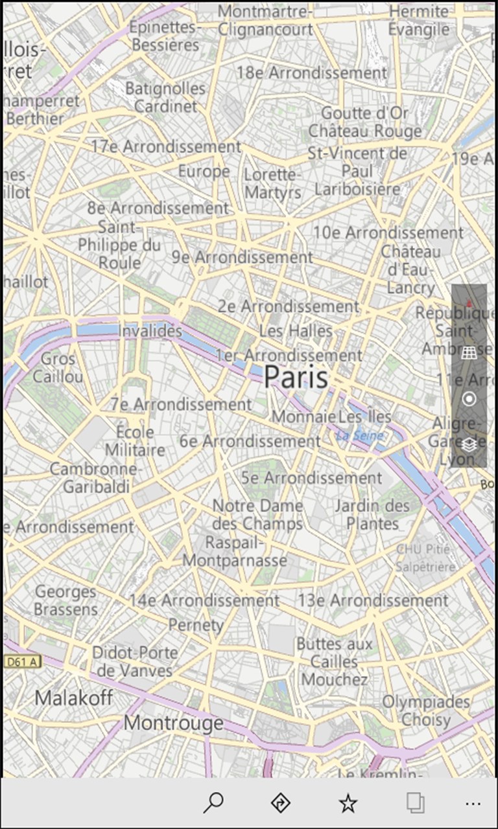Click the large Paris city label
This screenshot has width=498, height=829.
pos(296,376)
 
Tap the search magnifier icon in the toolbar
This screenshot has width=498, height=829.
pos(213,803)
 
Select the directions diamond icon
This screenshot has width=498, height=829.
pos(280,803)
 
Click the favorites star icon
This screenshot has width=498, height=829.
pos(348,804)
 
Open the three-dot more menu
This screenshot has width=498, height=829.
pos(473,804)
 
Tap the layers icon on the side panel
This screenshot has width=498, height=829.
pos(469,444)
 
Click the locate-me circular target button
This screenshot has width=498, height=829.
pos(469,398)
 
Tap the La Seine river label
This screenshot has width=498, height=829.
pos(359,436)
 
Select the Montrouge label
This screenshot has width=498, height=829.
pos(173,723)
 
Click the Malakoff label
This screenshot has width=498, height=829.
pos(73,698)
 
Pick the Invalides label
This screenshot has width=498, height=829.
pos(150,331)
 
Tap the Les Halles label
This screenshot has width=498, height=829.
pos(296,331)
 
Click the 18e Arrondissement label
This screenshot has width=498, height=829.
pos(311,73)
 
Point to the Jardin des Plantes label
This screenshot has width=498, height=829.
pos(372,514)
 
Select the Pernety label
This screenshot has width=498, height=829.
pos(196,625)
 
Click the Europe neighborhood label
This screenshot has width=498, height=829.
pos(204,172)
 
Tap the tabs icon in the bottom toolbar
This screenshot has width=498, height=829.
pos(416,803)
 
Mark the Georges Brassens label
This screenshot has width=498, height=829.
pos(65,600)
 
